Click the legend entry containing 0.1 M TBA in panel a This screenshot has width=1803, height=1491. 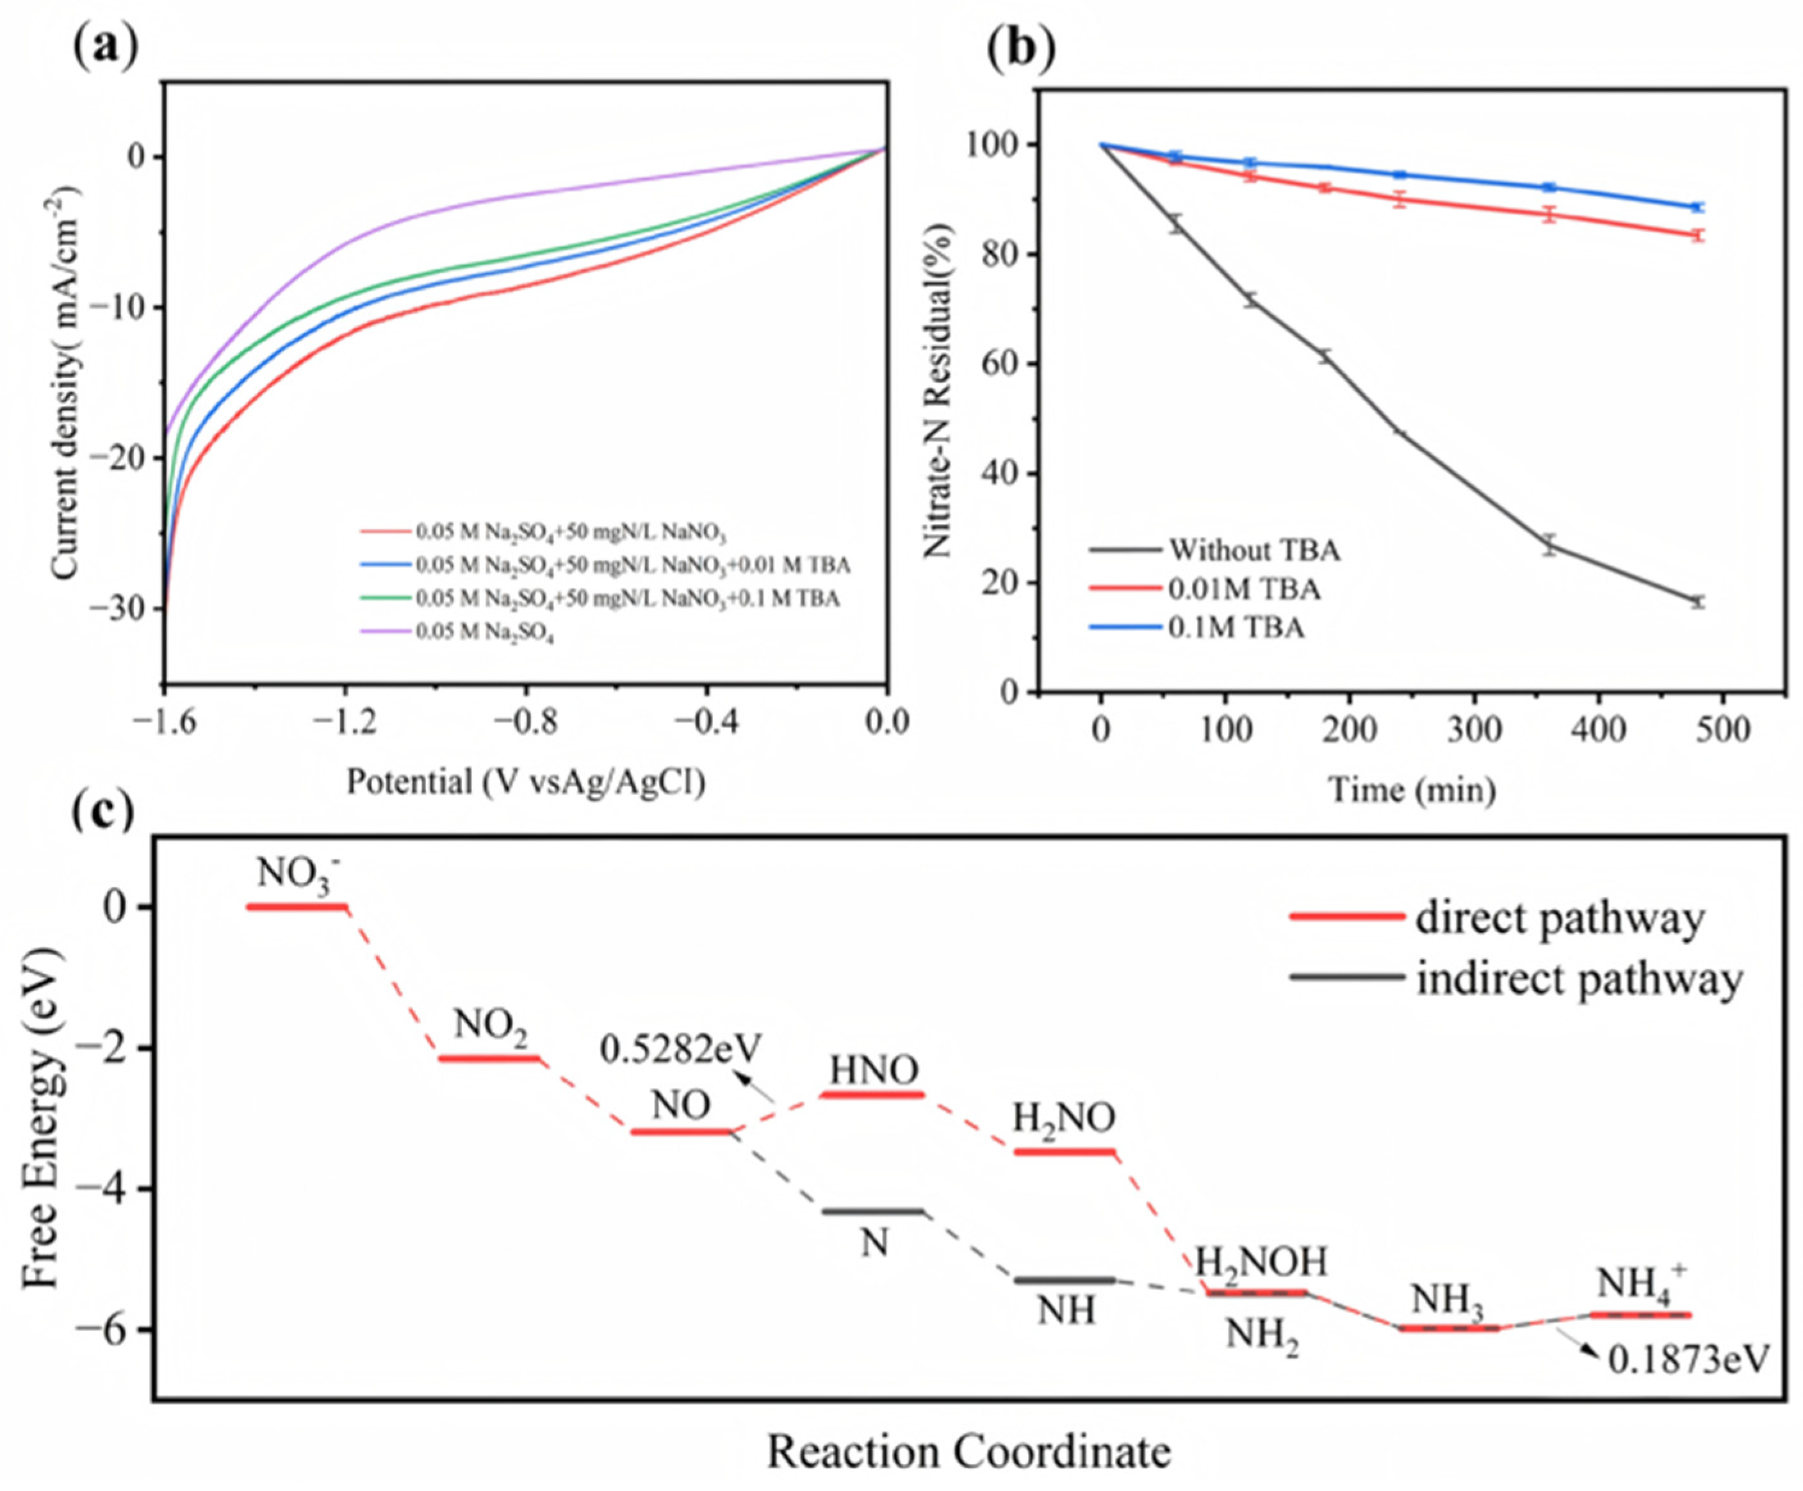click(600, 598)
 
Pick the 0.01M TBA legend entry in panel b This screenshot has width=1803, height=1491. click(1205, 589)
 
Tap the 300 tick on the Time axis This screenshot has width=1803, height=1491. click(1474, 729)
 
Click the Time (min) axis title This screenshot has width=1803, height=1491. click(1412, 788)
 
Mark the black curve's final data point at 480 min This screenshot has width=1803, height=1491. click(1697, 602)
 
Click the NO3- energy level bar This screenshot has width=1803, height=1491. click(297, 906)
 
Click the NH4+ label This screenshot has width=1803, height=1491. click(1642, 1282)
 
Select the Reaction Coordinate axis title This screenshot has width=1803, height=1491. click(968, 1451)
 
